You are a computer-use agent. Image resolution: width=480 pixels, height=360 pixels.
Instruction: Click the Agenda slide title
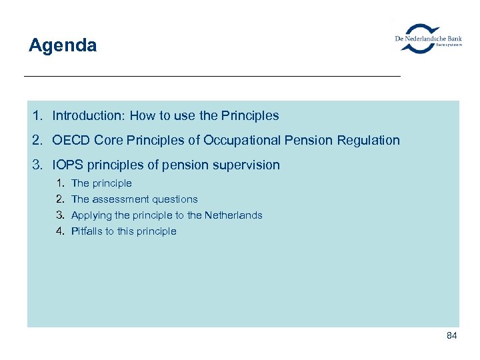click(x=63, y=45)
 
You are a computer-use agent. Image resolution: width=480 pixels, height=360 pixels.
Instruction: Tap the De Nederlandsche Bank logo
click(x=427, y=39)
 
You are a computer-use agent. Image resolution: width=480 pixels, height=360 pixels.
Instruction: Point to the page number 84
click(x=451, y=335)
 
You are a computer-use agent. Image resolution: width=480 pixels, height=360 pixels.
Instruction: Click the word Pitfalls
click(x=87, y=231)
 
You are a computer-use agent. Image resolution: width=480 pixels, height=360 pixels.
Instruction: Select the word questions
click(x=175, y=199)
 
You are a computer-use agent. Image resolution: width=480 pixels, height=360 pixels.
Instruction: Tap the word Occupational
click(x=244, y=141)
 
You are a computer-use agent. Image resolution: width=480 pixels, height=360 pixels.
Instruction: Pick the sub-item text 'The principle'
click(x=101, y=183)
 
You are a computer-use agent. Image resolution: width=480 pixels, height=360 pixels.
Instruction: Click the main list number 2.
click(x=36, y=141)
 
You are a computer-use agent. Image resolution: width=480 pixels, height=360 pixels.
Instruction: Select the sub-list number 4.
click(x=59, y=231)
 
